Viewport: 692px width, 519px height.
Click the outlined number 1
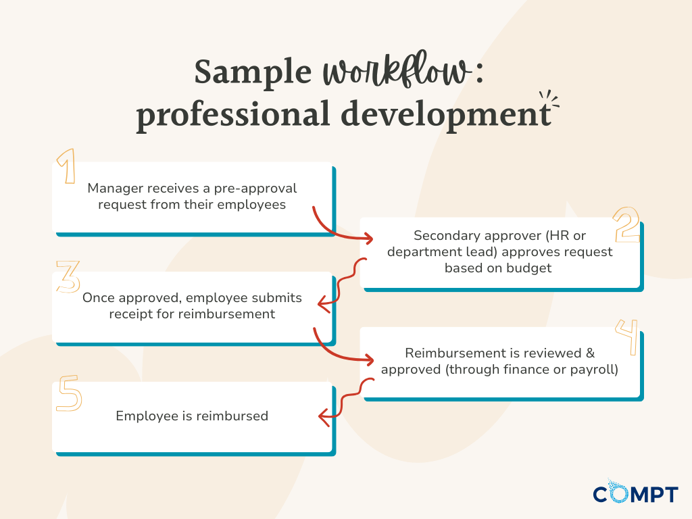66,167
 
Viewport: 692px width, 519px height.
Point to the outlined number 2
626,225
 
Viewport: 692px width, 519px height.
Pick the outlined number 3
68,276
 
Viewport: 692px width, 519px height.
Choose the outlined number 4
627,336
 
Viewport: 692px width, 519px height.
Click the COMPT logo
635,493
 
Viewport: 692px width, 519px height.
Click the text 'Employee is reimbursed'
192,416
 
